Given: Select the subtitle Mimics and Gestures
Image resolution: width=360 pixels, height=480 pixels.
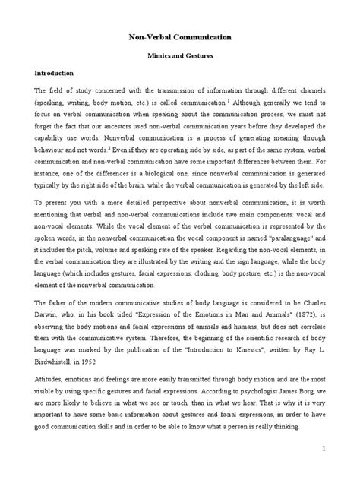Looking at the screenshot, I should (x=180, y=55).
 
